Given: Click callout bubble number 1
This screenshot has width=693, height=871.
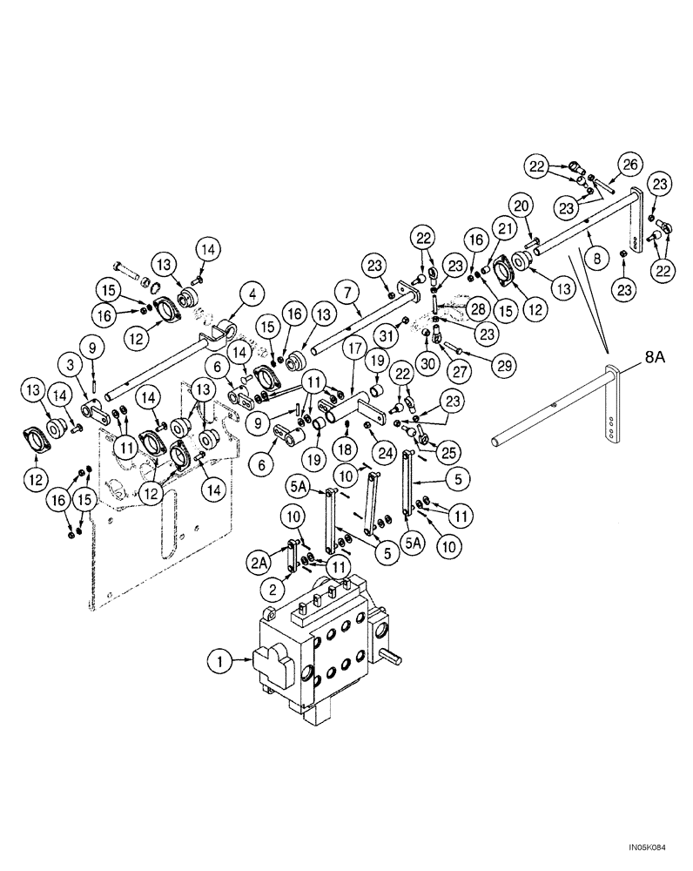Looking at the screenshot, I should tap(221, 663).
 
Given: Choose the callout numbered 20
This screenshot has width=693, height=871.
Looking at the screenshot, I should tap(521, 207).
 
